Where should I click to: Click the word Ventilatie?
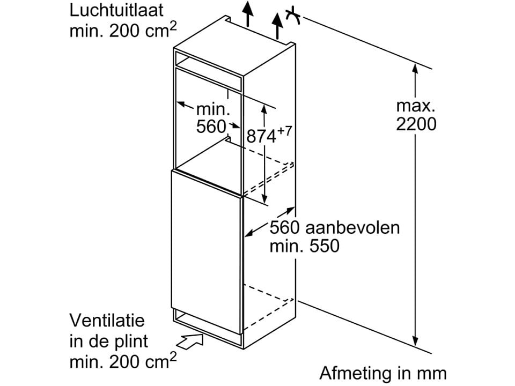[x=107, y=321]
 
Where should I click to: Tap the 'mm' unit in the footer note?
[x=432, y=373]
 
